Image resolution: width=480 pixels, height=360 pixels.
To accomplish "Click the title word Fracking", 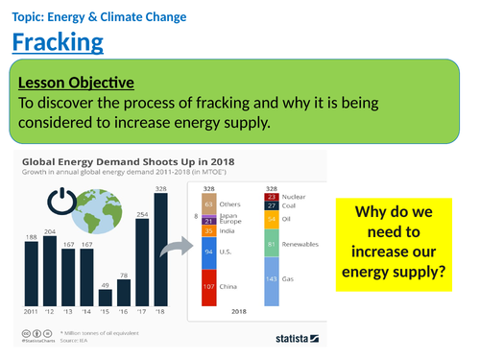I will click(x=58, y=42).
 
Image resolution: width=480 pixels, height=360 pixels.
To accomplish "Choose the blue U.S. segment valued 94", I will click(x=209, y=251).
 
